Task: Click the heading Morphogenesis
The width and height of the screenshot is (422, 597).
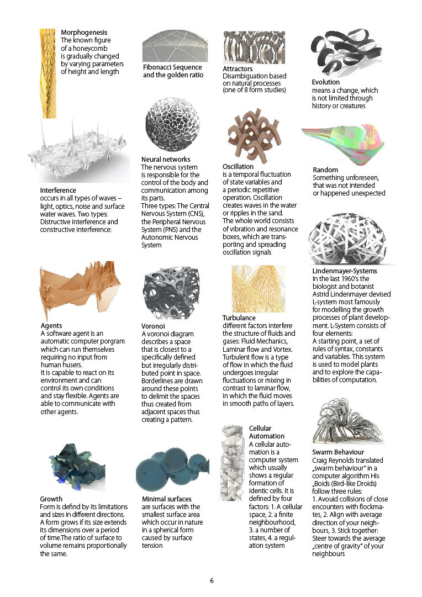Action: pos(84,33)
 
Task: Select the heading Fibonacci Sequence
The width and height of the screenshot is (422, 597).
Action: pos(173,67)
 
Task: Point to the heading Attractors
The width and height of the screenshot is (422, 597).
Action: pos(238,68)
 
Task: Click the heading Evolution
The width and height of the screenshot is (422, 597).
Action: pos(326,82)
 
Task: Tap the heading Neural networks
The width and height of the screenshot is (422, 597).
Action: pos(166,160)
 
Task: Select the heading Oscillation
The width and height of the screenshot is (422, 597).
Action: pos(238,166)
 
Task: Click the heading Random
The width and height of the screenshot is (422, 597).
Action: pos(325,170)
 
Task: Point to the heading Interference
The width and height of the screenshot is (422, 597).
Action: pos(58,191)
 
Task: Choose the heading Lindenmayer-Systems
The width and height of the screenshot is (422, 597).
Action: pos(345,271)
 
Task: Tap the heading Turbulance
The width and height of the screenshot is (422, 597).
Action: pos(239,318)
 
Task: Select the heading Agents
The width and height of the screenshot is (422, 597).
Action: pos(51,326)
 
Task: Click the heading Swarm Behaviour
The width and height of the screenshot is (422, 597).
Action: pos(338,452)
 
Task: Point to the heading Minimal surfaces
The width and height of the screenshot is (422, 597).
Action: pos(168,499)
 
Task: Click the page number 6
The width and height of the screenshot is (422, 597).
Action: pos(212,580)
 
